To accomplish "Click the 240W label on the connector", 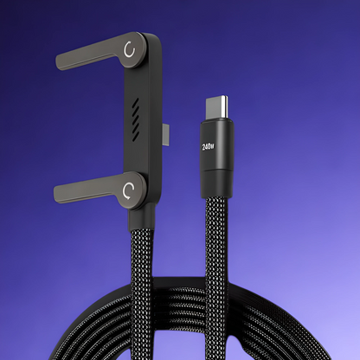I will (208, 146).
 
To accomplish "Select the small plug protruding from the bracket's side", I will (166, 133).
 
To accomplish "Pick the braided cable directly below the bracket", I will (145, 260).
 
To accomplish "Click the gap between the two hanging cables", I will (177, 260).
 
